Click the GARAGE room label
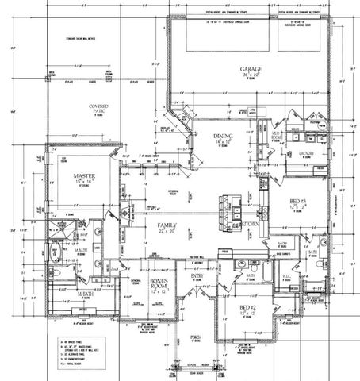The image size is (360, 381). coord(253,70)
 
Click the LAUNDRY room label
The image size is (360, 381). coord(307,152)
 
